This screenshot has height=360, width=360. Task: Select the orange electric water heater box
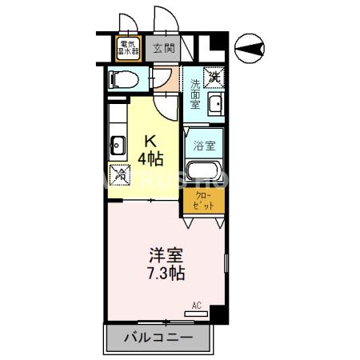128,49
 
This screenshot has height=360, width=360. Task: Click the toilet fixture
120,80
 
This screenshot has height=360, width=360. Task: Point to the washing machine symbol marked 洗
214,78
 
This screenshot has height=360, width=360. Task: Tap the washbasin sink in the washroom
214,104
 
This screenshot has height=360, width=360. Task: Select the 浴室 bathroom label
204,146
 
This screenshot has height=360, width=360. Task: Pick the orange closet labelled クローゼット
204,200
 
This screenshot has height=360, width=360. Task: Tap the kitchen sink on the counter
117,146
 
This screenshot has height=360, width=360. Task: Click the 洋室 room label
166,256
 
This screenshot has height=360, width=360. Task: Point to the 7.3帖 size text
166,273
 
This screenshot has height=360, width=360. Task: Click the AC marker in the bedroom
197,305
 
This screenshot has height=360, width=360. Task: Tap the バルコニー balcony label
158,338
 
